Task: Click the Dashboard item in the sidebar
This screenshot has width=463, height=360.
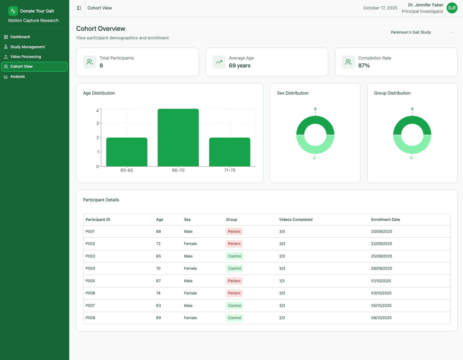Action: (x=20, y=37)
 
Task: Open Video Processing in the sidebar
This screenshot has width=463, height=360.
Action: (x=25, y=57)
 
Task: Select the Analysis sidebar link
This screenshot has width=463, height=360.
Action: (x=17, y=77)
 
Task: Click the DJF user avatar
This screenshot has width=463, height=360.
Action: (x=452, y=8)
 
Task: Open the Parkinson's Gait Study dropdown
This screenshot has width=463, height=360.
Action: (x=422, y=32)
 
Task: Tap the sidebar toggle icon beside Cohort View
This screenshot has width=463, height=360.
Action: (x=79, y=8)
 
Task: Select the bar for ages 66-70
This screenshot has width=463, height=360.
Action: (x=178, y=138)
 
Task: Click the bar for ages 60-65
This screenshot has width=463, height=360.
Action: (x=127, y=152)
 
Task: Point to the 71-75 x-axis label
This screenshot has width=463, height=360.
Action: (x=230, y=170)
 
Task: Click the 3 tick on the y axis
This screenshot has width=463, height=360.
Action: (x=98, y=123)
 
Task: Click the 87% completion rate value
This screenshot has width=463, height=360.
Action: (x=364, y=66)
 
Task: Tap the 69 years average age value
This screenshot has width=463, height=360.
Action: (x=240, y=66)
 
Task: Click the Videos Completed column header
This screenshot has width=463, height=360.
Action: (x=296, y=220)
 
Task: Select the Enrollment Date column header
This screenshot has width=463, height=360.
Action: (x=385, y=220)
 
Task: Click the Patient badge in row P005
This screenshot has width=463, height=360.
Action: (x=234, y=281)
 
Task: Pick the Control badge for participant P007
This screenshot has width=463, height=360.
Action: (x=234, y=306)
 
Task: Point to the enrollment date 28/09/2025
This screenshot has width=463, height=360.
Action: (x=381, y=268)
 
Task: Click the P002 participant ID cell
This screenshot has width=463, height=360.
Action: (x=90, y=244)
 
